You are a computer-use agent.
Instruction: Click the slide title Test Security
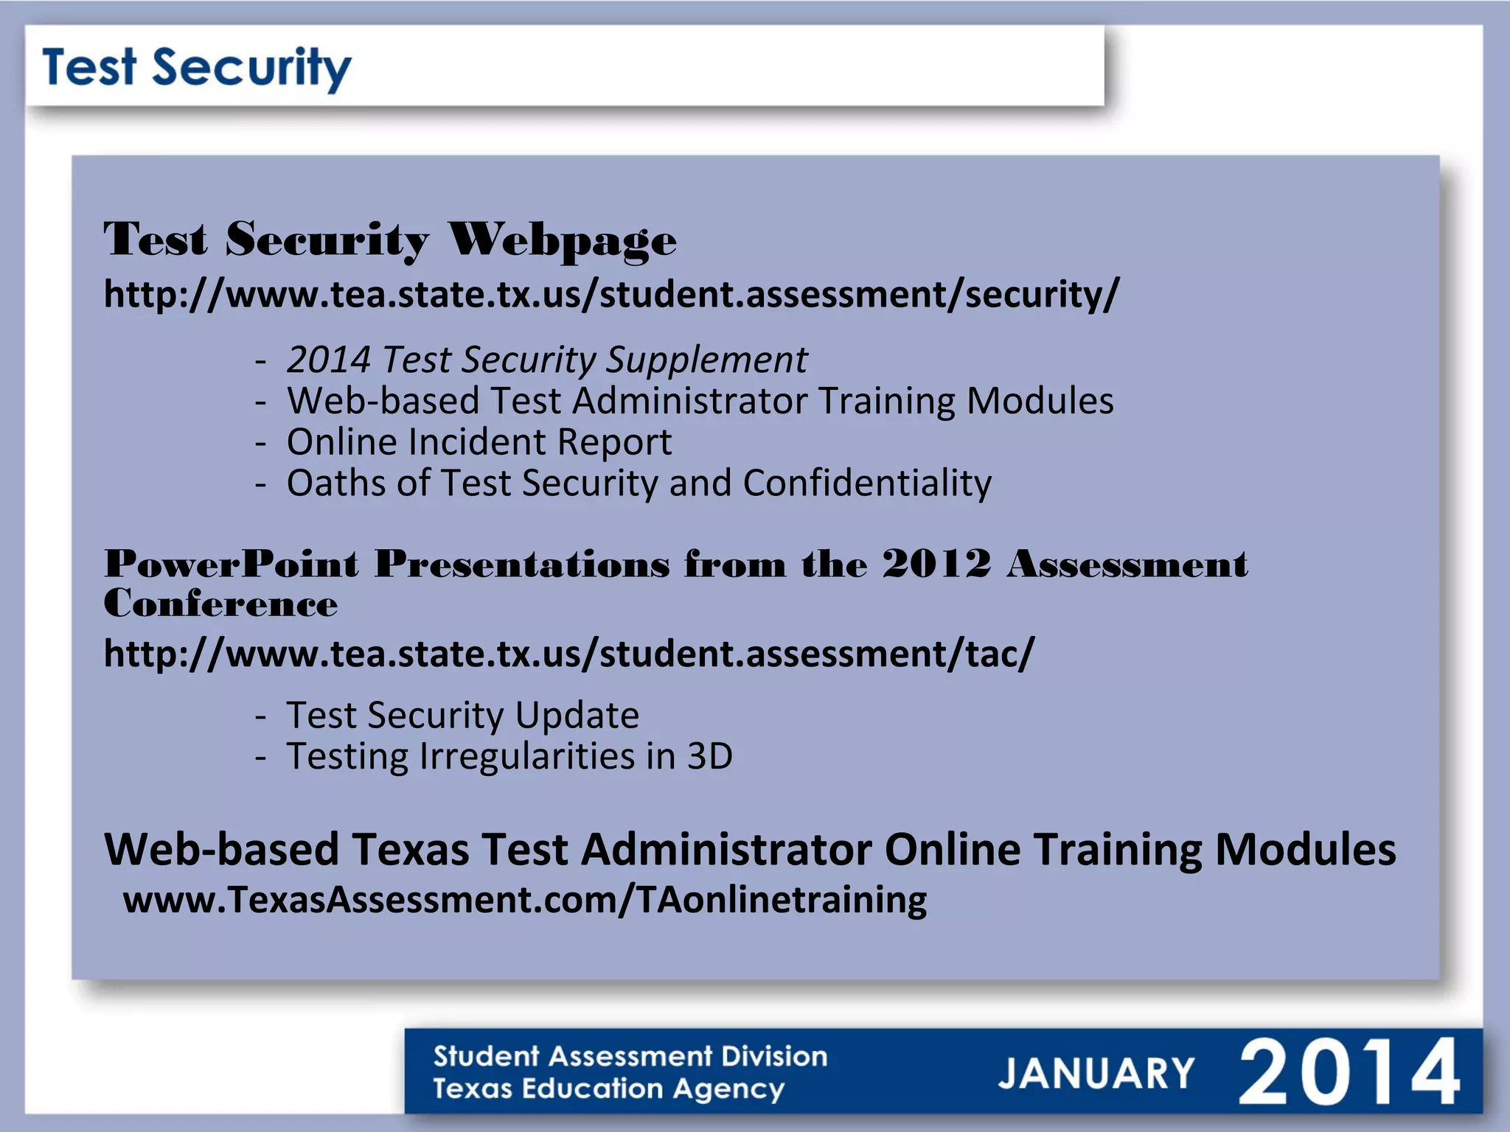196,68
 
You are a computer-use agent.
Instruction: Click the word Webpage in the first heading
562,240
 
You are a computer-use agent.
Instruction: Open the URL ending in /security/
610,295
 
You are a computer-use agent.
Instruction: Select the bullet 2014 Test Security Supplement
546,360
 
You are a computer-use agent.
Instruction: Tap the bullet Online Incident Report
479,442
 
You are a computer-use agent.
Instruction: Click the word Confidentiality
866,483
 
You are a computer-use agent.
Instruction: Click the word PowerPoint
231,565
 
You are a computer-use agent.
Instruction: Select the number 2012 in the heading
936,565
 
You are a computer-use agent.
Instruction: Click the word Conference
220,604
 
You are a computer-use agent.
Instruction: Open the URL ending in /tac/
568,654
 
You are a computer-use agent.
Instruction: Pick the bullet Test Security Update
462,715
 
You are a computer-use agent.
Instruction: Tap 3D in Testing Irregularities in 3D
709,756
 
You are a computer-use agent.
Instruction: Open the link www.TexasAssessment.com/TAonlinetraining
524,900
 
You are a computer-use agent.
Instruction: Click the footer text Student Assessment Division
630,1056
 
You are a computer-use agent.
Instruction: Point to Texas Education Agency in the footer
608,1089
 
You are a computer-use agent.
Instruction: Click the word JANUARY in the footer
1096,1073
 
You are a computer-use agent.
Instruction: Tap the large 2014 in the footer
1349,1072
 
